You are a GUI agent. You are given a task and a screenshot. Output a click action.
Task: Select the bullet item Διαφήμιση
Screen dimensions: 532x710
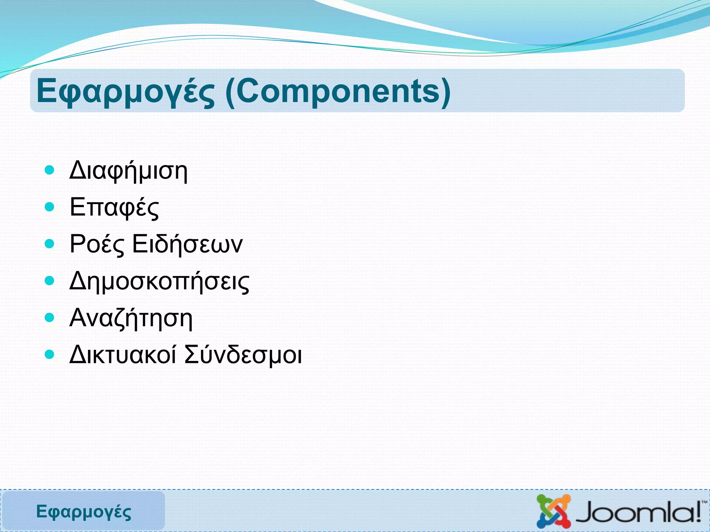pyautogui.click(x=128, y=171)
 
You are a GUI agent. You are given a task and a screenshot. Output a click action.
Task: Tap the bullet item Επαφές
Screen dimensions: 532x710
pyautogui.click(x=114, y=207)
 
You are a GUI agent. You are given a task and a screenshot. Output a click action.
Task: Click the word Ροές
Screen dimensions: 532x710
pyautogui.click(x=97, y=245)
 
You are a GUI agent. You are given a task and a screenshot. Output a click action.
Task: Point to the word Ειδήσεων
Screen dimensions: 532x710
pyautogui.click(x=188, y=244)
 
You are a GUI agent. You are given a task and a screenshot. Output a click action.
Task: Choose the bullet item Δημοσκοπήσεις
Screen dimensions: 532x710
pyautogui.click(x=159, y=281)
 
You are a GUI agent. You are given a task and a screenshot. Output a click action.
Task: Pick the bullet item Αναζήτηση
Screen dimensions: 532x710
pyautogui.click(x=131, y=318)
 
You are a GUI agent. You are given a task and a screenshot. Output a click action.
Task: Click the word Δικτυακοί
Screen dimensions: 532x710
pyautogui.click(x=123, y=355)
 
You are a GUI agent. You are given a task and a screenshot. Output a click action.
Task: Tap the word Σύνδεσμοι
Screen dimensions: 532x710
pyautogui.click(x=243, y=355)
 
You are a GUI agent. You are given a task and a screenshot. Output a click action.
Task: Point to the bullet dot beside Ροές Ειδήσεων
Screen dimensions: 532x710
pyautogui.click(x=50, y=244)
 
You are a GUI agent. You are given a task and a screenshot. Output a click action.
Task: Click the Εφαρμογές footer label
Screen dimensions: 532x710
pyautogui.click(x=84, y=512)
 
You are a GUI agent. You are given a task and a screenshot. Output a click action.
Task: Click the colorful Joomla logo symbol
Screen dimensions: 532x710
pyautogui.click(x=554, y=511)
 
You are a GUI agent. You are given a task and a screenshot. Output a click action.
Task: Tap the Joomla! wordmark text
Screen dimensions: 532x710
pyautogui.click(x=638, y=513)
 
